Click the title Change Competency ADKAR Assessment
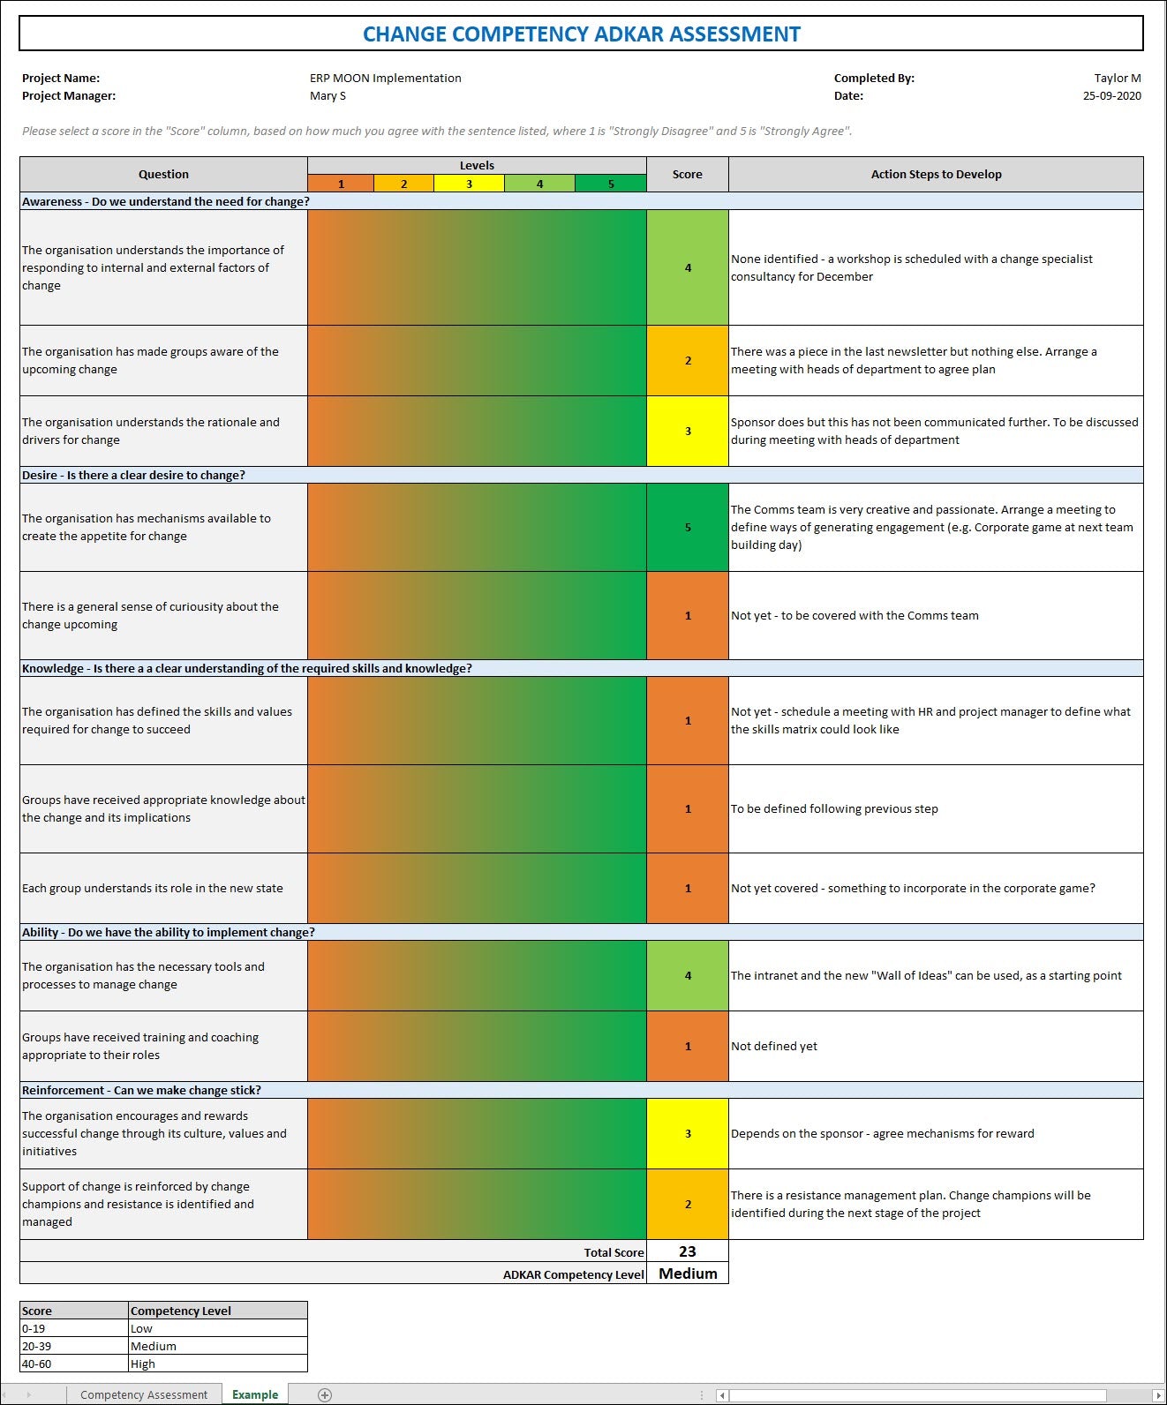(x=581, y=34)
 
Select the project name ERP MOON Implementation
(x=385, y=78)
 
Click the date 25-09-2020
(x=1111, y=95)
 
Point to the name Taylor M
(x=1117, y=78)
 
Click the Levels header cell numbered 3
(x=469, y=184)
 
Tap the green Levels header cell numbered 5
(x=610, y=184)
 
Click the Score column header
(x=687, y=174)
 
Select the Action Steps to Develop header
(x=936, y=174)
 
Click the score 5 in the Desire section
(x=688, y=527)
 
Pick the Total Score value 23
(x=688, y=1251)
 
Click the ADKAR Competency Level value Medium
(x=688, y=1274)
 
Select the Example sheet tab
(x=254, y=1394)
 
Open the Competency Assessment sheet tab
(x=144, y=1394)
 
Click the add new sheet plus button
(x=325, y=1394)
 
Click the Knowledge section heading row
(x=247, y=668)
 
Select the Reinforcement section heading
(x=141, y=1090)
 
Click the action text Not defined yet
(x=774, y=1046)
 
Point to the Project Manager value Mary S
(x=328, y=95)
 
